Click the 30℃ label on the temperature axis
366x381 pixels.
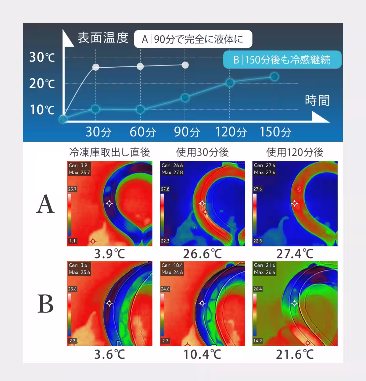click(x=42, y=57)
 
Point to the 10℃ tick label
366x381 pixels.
click(x=42, y=109)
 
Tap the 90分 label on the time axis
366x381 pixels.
click(x=187, y=132)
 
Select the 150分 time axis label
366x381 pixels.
click(x=275, y=132)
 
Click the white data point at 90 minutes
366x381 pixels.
click(x=185, y=65)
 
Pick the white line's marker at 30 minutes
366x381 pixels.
click(x=95, y=67)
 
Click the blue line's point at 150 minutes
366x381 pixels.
click(x=274, y=77)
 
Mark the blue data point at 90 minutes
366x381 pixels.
click(x=185, y=98)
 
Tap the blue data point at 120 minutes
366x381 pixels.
click(x=230, y=83)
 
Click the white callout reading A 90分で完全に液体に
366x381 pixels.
click(x=193, y=39)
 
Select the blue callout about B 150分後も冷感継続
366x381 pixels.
click(x=282, y=59)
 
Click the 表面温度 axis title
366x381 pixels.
click(x=103, y=37)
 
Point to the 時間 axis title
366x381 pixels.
click(x=317, y=100)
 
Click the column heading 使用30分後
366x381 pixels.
click(x=203, y=152)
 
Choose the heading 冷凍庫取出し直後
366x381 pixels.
click(x=109, y=152)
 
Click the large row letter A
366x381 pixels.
click(x=45, y=204)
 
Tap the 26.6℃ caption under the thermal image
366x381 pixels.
click(x=203, y=254)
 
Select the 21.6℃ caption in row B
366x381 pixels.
click(x=295, y=354)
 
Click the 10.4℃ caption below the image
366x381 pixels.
click(x=203, y=354)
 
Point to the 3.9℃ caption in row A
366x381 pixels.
click(x=109, y=254)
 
